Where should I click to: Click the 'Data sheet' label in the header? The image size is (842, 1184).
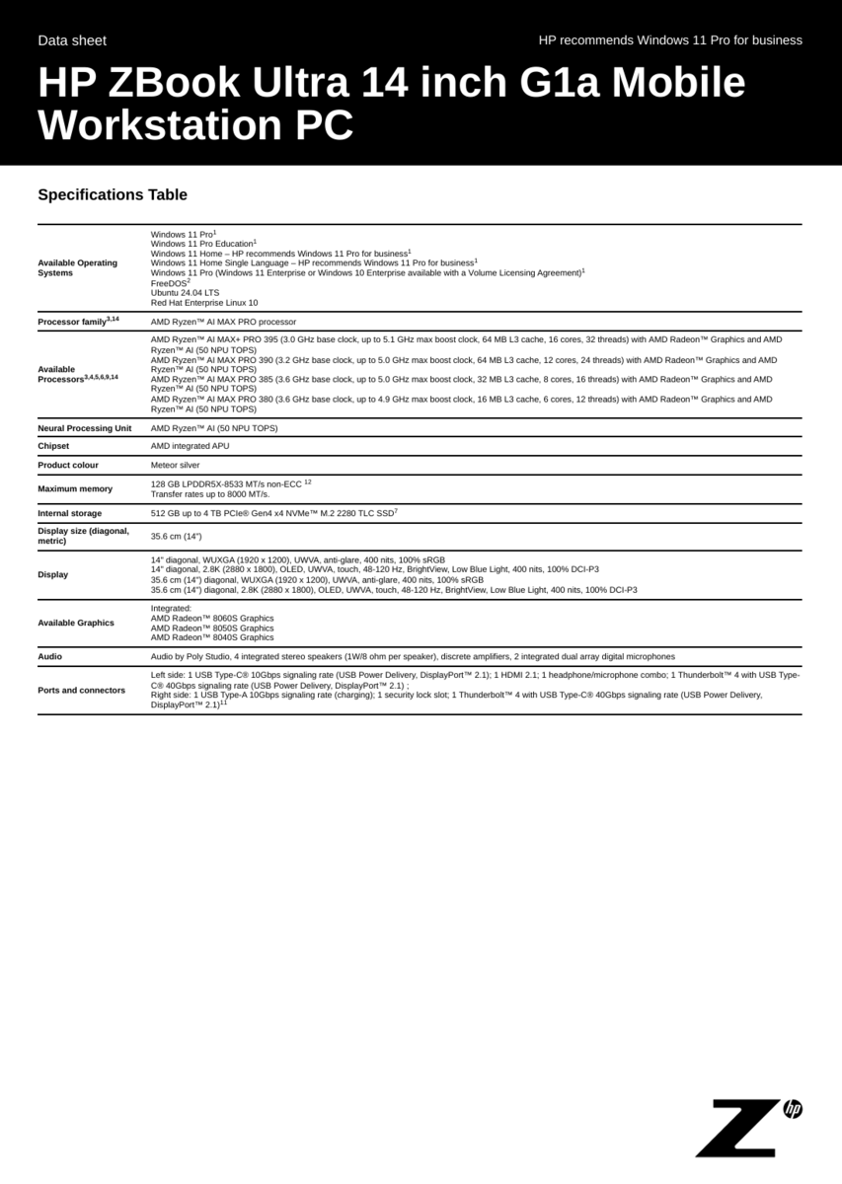tap(72, 40)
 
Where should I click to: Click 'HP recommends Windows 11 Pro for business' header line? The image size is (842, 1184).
tap(670, 40)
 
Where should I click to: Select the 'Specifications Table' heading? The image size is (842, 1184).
tap(113, 194)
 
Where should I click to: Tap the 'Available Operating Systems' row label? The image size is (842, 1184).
tap(77, 267)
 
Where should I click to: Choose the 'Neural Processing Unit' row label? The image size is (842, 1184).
tap(84, 428)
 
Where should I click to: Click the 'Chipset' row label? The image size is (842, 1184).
tap(53, 446)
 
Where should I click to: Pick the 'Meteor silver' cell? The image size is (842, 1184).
tap(175, 465)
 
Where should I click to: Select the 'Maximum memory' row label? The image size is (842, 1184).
tap(75, 488)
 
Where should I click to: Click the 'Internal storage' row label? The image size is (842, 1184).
tap(69, 513)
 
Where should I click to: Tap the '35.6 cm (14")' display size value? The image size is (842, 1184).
tap(176, 536)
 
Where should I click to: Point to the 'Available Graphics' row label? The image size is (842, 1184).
tap(76, 623)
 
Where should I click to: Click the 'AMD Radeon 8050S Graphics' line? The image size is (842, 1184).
tap(212, 628)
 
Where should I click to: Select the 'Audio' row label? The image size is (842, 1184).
tap(49, 656)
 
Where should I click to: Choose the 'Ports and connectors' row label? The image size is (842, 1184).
tap(81, 690)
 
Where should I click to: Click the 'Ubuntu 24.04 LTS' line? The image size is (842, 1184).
tap(185, 293)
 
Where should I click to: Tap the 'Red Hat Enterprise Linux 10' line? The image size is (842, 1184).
tap(204, 303)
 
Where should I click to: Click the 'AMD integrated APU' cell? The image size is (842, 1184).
tap(190, 446)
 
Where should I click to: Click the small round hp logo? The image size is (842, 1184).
tap(793, 1109)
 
